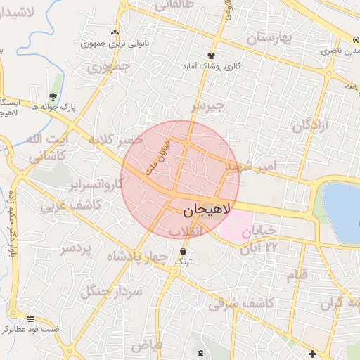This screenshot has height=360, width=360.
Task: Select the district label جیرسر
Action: tap(207, 106)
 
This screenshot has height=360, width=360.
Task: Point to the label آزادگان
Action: tap(311, 127)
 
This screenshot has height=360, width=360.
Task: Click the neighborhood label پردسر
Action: tap(75, 249)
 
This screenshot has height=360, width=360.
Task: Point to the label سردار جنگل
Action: tap(112, 290)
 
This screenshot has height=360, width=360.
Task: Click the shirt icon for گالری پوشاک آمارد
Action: tap(210, 56)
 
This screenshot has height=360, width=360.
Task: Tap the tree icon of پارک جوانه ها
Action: tap(53, 98)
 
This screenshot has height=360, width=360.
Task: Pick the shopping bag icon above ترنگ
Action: tap(184, 251)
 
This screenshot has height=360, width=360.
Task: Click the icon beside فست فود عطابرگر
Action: tap(30, 318)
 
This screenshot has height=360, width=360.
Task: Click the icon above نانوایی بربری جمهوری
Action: tap(115, 32)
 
